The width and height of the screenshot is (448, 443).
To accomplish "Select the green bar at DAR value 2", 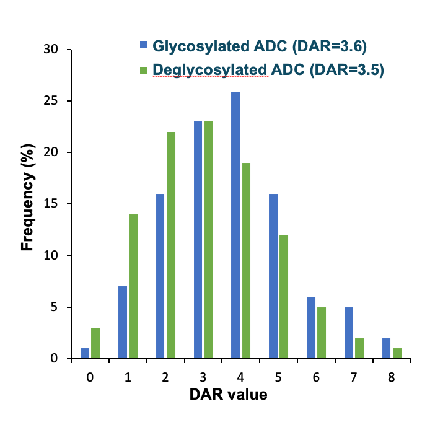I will tap(171, 245).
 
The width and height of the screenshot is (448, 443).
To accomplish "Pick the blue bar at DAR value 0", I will tap(85, 353).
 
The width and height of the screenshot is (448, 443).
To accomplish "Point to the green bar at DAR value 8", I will tap(396, 353).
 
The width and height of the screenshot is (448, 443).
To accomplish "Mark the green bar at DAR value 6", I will tap(321, 333).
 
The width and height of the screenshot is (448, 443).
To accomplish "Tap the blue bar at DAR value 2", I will tap(160, 276).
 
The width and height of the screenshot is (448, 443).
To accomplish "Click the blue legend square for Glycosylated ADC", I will tap(144, 45).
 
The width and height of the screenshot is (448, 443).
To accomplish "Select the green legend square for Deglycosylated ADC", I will tap(144, 70).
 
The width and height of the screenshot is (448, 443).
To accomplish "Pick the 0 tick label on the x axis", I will tap(90, 376).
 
